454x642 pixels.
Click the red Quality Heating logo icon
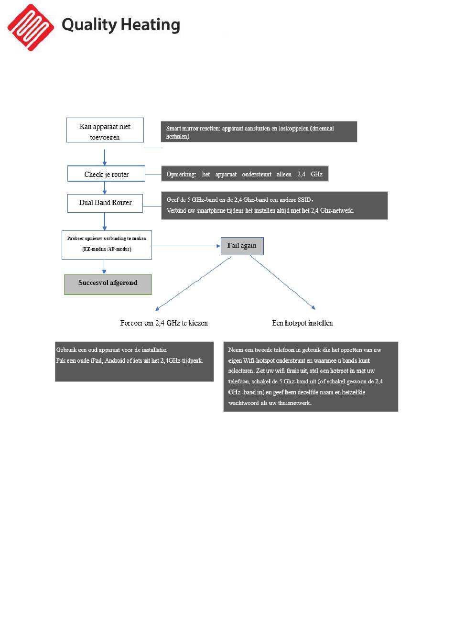click(x=31, y=27)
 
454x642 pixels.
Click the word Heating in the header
click(x=151, y=25)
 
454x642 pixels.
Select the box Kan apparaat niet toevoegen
click(x=105, y=130)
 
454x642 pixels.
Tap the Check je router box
click(x=106, y=174)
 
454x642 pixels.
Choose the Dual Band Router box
click(x=105, y=203)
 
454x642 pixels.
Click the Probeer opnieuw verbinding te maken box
click(x=107, y=245)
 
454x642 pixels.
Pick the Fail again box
click(x=242, y=246)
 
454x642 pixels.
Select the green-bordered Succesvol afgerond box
click(x=108, y=284)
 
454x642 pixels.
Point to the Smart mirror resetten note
click(x=259, y=131)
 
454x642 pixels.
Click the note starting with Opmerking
click(x=245, y=174)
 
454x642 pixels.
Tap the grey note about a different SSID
click(x=274, y=206)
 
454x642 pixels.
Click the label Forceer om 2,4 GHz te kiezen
click(x=164, y=323)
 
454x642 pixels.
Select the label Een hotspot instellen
click(x=302, y=323)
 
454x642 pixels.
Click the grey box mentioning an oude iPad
click(x=134, y=361)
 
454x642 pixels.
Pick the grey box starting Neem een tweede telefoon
click(x=311, y=376)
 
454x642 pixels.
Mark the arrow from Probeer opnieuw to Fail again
click(x=186, y=246)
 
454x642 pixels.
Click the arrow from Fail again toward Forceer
click(x=194, y=283)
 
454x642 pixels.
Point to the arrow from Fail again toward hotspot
click(x=283, y=283)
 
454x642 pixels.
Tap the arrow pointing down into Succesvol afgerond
click(x=104, y=267)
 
